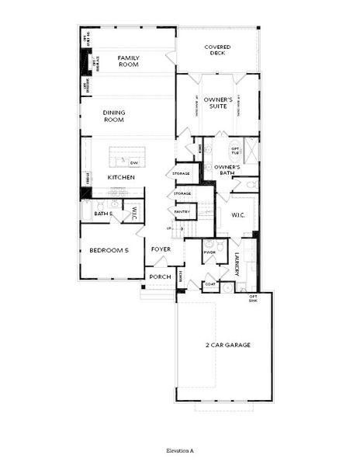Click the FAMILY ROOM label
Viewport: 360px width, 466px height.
pos(128,61)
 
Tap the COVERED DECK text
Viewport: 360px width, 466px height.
pos(217,51)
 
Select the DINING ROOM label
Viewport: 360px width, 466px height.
pos(114,116)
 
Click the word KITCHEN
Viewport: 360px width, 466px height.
pos(122,177)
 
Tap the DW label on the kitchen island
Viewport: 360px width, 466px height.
pos(133,162)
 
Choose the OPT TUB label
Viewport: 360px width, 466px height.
pos(234,151)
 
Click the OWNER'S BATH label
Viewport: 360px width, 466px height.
pos(227,170)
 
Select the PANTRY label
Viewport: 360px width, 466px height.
pos(182,211)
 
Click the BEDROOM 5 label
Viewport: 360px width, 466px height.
pos(109,251)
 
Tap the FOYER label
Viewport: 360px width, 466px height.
pos(161,249)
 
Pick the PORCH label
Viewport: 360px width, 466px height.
pos(161,276)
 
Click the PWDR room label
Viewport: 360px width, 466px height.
pos(209,252)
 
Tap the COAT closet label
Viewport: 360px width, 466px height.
pos(209,284)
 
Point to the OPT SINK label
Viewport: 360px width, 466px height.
pos(253,298)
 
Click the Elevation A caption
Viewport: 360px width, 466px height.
pos(179,450)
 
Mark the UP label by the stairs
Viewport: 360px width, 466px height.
pos(171,228)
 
